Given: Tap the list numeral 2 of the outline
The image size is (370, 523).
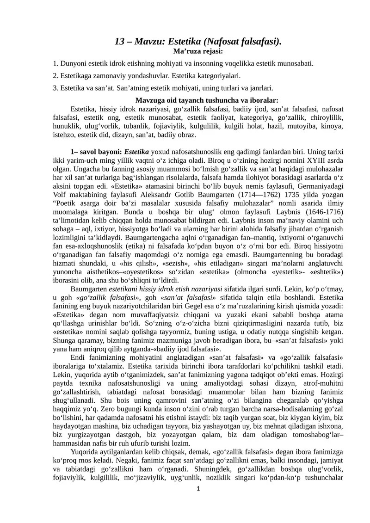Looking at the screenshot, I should tap(55, 75).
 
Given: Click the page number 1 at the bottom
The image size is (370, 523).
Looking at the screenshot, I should tap(198, 489).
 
